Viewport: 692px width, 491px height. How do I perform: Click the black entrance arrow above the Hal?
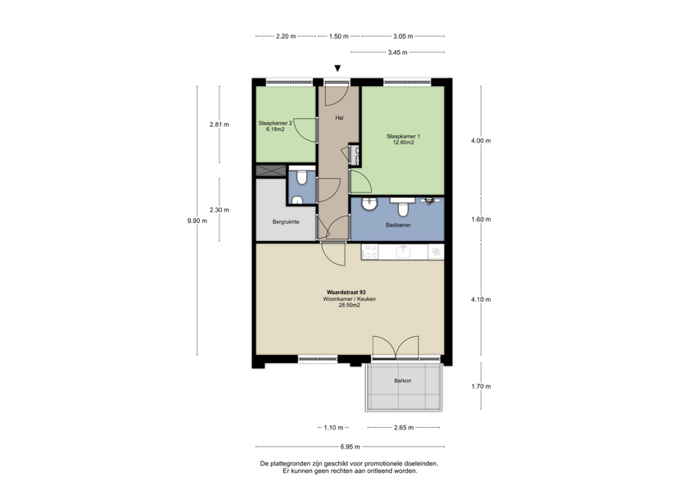coord(337,69)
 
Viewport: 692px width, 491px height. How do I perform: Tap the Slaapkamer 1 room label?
coord(403,135)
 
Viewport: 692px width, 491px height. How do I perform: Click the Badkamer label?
coord(398,225)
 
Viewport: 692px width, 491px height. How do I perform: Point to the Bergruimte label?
coord(286,222)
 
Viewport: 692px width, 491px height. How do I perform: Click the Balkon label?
coord(403,381)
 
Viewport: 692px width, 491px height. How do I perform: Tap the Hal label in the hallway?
coord(339,118)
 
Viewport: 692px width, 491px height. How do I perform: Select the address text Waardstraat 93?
coord(346,292)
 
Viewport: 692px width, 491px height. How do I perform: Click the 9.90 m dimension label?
coord(197,220)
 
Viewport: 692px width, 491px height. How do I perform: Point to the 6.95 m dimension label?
coord(351,447)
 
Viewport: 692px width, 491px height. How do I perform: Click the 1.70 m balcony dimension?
coord(481,386)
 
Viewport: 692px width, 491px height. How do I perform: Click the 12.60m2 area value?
coord(403,143)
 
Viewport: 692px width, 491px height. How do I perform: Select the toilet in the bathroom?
coord(403,207)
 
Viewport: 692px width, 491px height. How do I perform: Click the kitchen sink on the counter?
coord(404,252)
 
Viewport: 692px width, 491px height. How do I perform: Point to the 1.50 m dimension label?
coord(338,36)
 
